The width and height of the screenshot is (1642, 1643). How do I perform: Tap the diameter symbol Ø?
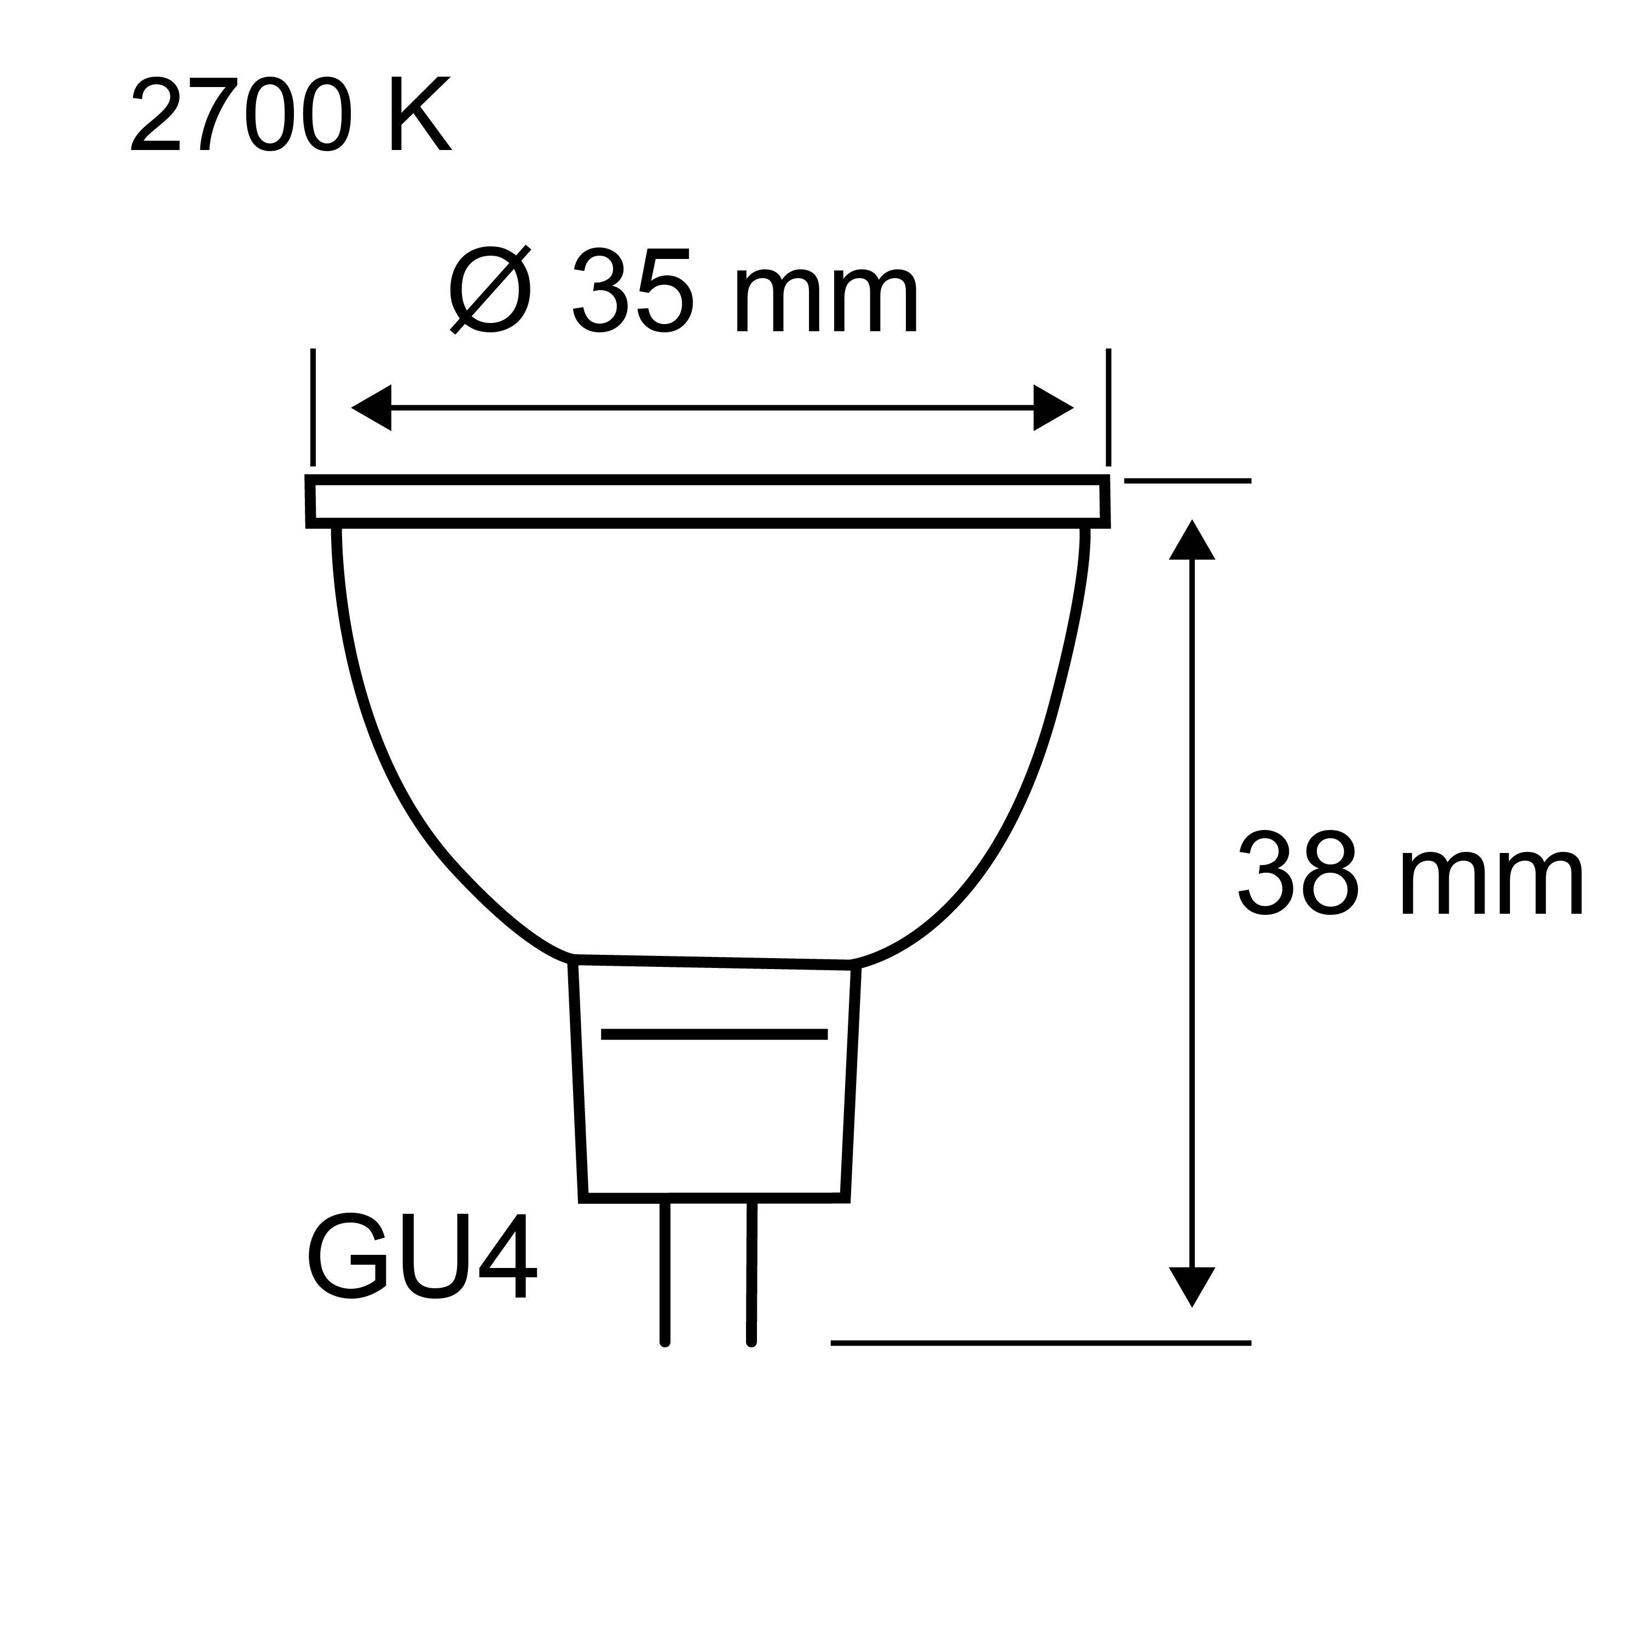pos(490,290)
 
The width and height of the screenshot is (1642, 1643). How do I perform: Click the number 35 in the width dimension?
pos(632,291)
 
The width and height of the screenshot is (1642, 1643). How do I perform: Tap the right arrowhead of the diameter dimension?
pos(1053,407)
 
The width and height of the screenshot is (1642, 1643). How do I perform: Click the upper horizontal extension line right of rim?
pos(1187,481)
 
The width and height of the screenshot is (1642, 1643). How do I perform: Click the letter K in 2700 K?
pos(420,117)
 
